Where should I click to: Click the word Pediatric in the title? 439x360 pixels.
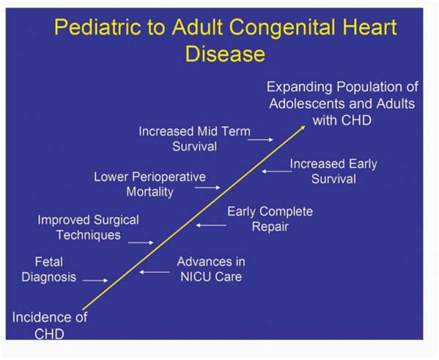[x=97, y=27]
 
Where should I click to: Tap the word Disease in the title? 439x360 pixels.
[x=225, y=54]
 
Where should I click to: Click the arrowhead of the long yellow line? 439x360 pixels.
[x=303, y=128]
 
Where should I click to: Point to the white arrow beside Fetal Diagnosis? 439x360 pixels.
[x=95, y=280]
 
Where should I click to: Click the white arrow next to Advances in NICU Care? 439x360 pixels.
[x=155, y=272]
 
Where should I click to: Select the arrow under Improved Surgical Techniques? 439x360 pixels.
[x=141, y=243]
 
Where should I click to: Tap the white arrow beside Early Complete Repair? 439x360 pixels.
[x=211, y=225]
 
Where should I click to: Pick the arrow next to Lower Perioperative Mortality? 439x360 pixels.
[x=207, y=188]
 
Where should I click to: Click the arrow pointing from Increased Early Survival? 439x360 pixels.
[x=277, y=171]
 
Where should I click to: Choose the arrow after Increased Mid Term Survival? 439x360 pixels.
[x=260, y=139]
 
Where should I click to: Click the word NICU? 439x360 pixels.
[x=193, y=277]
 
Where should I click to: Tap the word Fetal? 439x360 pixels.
[x=48, y=262]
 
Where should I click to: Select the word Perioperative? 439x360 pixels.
[x=169, y=177]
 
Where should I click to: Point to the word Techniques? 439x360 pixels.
[x=89, y=235]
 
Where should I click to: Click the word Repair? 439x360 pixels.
[x=270, y=227]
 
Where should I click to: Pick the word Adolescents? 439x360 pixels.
[x=307, y=103]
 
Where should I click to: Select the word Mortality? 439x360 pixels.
[x=150, y=193]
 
